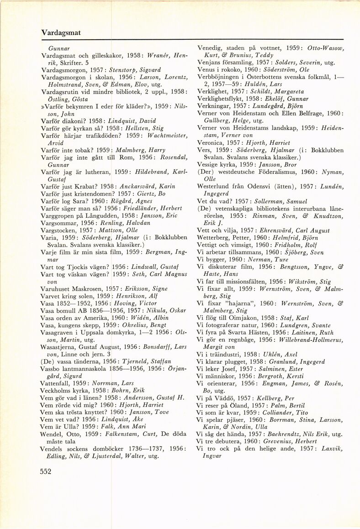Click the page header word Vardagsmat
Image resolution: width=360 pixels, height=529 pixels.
pos(61,33)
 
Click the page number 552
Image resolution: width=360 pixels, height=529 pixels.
pos(46,472)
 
